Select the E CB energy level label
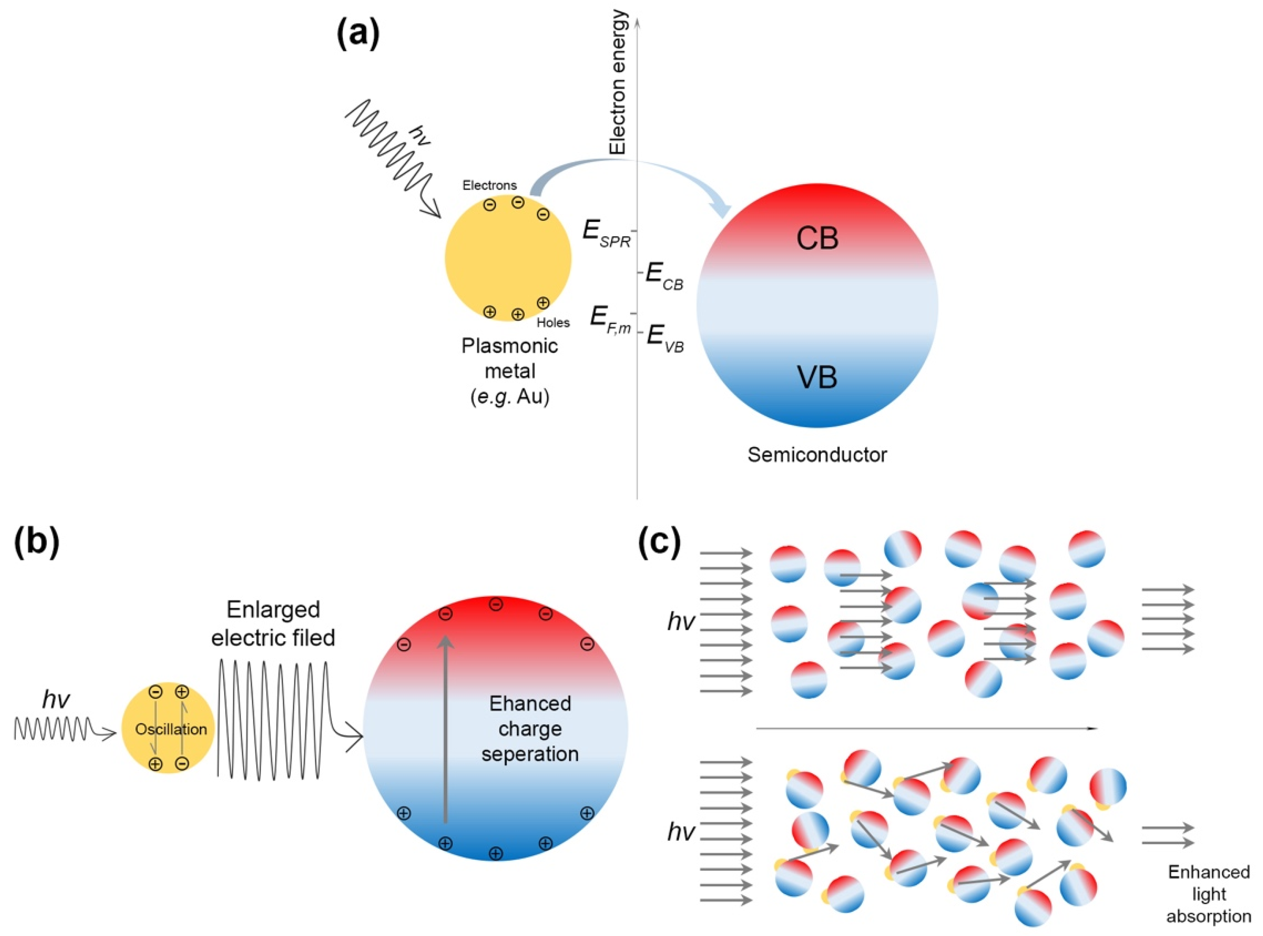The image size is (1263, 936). (665, 277)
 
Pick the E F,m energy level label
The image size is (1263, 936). (610, 320)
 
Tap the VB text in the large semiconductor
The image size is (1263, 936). (817, 377)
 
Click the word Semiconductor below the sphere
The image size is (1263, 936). (817, 454)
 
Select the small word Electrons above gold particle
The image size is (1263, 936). (489, 185)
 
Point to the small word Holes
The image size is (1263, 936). (553, 322)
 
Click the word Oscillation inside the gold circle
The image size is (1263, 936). (171, 729)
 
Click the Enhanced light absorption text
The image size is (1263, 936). (1208, 893)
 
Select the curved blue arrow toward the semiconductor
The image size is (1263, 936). (623, 167)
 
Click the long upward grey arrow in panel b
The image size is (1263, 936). (445, 731)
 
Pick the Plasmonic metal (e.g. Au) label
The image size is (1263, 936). (509, 371)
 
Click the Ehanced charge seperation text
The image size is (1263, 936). (530, 728)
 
